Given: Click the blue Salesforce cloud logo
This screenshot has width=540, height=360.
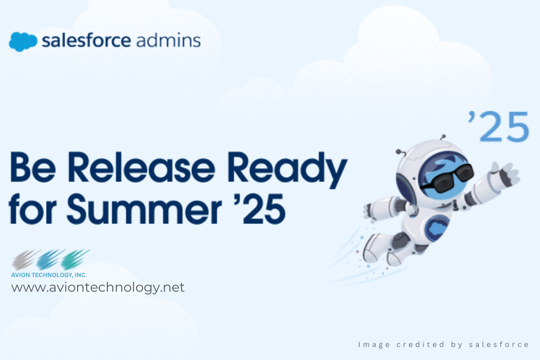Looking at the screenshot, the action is pos(23,42).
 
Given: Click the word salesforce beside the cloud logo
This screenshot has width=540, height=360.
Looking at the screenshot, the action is pos(86,41).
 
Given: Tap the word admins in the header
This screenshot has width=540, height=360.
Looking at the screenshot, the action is pos(169,40).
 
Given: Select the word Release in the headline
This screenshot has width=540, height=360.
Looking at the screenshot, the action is pos(141,167).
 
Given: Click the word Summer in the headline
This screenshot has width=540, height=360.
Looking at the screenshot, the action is pos(144,208).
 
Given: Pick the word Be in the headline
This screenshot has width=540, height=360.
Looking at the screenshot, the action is pos(33,167).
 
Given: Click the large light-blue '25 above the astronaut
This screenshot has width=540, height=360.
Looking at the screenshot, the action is pos(498,126).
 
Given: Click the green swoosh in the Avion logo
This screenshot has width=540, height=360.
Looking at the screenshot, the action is pos(75,259).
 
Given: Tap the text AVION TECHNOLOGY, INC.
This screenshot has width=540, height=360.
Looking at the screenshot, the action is pos(49,275).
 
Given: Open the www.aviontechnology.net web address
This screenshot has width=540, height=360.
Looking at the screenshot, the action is pos(98,288).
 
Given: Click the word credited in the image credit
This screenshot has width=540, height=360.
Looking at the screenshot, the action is pos(420,344).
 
